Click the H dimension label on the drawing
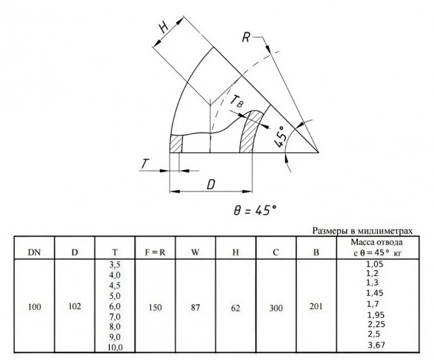coord(164,27)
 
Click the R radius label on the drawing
coord(246,38)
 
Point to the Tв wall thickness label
coord(237,101)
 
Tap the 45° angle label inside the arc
coord(280,137)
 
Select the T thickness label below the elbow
coord(144,164)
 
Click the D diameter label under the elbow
coord(211,185)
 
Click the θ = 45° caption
coord(255,211)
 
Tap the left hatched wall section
coord(176,144)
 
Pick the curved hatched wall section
coord(251,131)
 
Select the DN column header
coord(35,253)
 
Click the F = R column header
coord(155,253)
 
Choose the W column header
coord(195,253)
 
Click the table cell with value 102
coord(74,306)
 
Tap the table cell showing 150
coord(155,307)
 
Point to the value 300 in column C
coord(276,308)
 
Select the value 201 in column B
coord(316,306)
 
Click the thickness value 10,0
coord(115,347)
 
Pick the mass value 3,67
coord(377,345)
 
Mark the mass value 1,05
coord(375,264)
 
